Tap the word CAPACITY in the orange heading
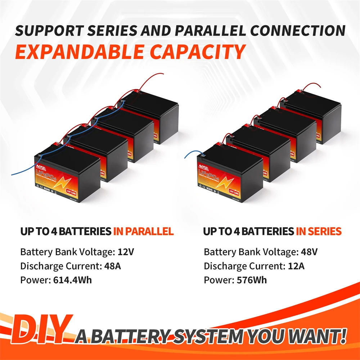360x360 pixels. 198,52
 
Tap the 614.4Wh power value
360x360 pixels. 72,280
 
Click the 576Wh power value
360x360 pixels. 252,280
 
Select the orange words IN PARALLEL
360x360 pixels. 143,231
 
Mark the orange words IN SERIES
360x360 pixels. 318,231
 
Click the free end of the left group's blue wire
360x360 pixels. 12,175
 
